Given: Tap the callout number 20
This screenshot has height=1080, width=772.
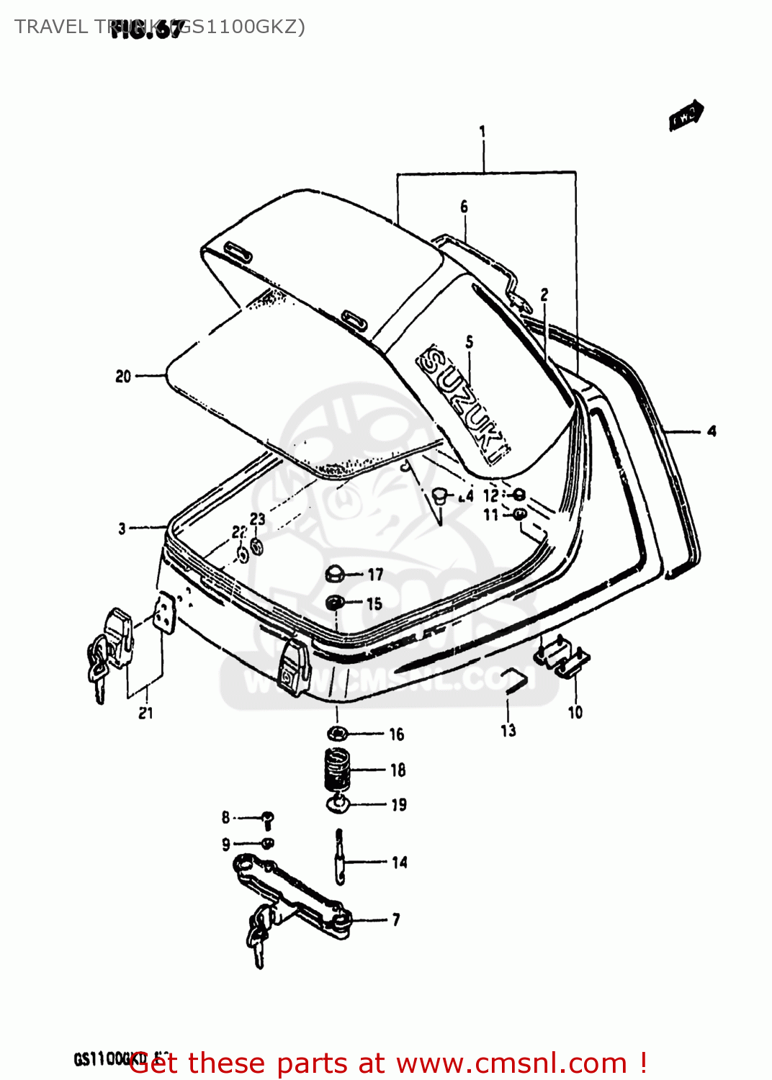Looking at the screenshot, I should coord(123,376).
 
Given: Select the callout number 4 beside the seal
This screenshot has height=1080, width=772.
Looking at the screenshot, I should coord(712,431).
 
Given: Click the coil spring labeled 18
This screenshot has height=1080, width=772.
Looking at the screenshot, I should coord(336,768).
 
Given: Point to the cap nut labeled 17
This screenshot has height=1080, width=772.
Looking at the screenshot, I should coord(334,574).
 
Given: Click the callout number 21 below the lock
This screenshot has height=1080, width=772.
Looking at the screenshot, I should coord(145,713).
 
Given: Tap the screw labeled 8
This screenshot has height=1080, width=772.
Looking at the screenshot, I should coord(268,819).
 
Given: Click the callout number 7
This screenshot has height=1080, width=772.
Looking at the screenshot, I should coord(396,919).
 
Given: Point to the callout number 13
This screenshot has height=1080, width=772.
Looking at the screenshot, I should coord(508,730).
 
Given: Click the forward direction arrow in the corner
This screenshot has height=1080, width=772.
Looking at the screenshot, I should coord(686,115).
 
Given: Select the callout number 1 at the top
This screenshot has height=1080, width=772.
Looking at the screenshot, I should coord(482,132).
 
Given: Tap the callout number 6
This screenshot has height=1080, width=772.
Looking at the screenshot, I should coord(464,207).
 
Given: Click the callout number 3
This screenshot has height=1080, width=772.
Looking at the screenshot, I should coord(122,528).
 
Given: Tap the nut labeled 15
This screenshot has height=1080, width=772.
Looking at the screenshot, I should coord(334,603).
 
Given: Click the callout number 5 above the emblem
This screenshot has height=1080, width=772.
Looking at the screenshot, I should coord(470,342).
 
